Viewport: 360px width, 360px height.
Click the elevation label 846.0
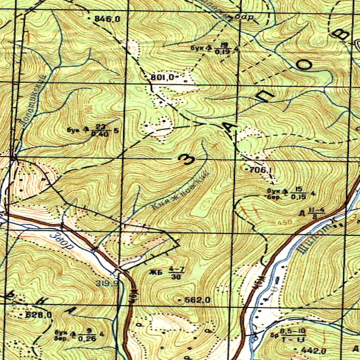point(107,19)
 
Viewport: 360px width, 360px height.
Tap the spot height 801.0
point(163,77)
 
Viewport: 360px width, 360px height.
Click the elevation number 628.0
point(40,315)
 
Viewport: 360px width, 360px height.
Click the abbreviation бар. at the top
point(246,18)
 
